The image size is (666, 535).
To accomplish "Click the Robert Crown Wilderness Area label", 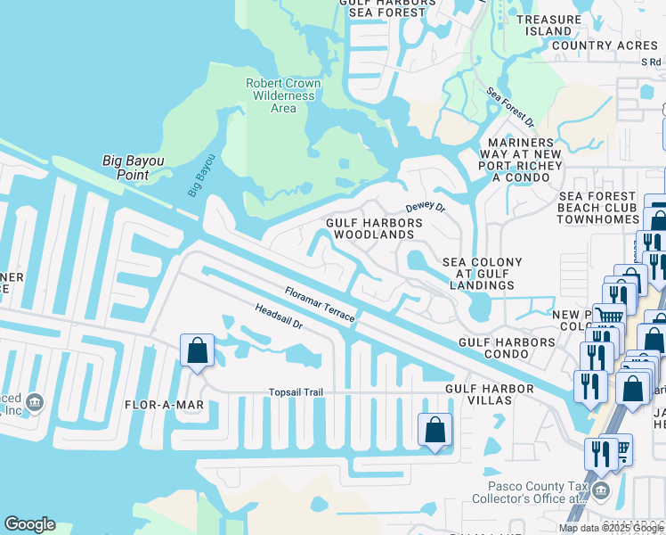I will pos(282,95).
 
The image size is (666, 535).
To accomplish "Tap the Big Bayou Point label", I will pos(138,168).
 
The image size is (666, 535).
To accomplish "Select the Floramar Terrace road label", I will pos(320,304).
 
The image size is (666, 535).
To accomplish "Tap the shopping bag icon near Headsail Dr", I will pos(198,351).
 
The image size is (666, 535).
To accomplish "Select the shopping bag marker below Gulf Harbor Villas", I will pos(435,431).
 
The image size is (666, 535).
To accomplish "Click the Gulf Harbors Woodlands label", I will pos(370,228).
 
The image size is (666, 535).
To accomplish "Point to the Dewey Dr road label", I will pos(425,207).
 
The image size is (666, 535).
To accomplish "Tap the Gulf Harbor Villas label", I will pos(490,395).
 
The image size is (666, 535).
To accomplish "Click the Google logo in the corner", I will pos(29,524).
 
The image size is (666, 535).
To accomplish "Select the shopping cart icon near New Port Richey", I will pos(609,316).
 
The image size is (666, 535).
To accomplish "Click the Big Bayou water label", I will pos(202,176).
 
